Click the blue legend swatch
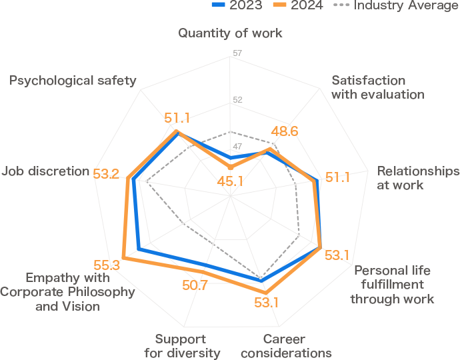pyautogui.click(x=222, y=5)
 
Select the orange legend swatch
pyautogui.click(x=283, y=5)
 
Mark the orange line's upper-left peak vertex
pyautogui.click(x=177, y=131)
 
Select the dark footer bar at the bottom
pyautogui.click(x=230, y=347)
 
